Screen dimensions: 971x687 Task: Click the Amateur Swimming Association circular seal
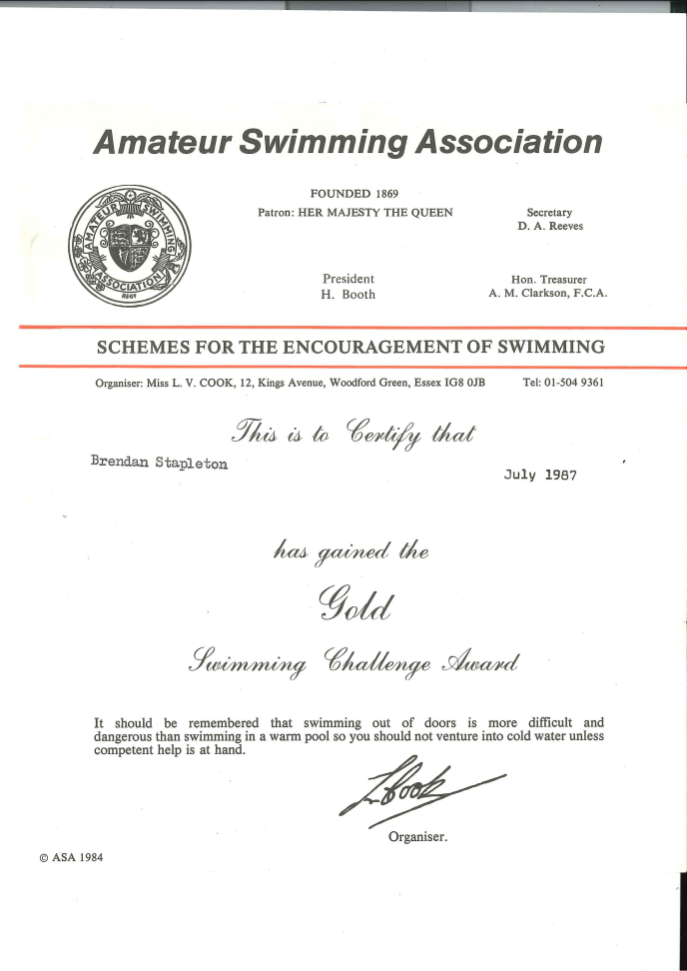tap(129, 243)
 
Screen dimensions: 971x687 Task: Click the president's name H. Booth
tap(347, 295)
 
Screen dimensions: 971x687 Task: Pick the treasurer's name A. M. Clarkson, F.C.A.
tap(548, 295)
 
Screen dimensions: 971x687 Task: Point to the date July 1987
tap(539, 476)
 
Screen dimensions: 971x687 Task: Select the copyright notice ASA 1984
tap(72, 857)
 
